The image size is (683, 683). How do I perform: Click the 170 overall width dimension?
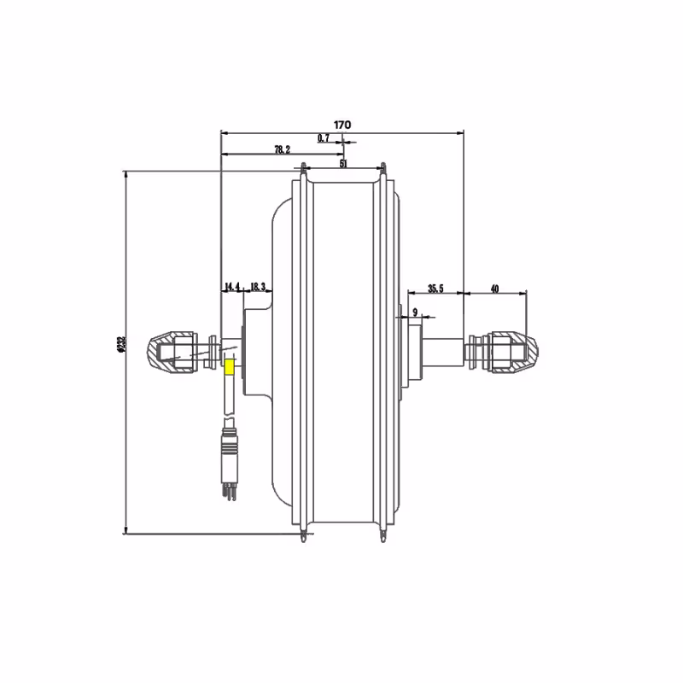(342, 125)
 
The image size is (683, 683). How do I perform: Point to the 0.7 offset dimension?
(324, 137)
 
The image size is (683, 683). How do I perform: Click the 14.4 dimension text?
(231, 287)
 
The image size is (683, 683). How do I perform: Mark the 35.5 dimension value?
(435, 289)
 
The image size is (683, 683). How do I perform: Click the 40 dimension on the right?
(495, 289)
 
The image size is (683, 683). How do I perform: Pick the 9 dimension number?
(415, 312)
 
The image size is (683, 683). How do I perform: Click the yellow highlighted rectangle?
(230, 367)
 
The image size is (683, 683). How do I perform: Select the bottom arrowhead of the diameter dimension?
(126, 530)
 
